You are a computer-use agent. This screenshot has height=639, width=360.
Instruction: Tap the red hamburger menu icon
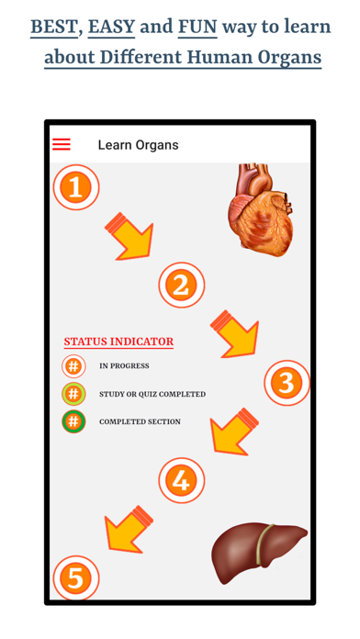[x=62, y=144]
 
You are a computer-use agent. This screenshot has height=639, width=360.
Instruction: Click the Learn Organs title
[x=138, y=145]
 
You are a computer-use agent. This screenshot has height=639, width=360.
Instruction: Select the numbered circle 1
[x=76, y=187]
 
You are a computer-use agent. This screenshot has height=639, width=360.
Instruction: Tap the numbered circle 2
[x=181, y=284]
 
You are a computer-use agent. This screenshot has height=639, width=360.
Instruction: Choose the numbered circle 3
[x=287, y=382]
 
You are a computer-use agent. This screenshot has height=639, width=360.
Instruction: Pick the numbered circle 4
[x=181, y=479]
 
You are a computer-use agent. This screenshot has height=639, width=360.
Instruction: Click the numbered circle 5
[x=76, y=577]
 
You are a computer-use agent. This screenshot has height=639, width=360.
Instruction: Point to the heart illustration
[x=263, y=210]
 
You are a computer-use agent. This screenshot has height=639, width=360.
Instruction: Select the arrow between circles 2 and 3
[x=233, y=332]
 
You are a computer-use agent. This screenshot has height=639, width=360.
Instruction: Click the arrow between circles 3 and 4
[x=235, y=432]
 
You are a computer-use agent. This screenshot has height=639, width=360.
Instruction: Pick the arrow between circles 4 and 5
[x=129, y=529]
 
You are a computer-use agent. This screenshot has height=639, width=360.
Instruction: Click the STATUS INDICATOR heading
[x=118, y=342]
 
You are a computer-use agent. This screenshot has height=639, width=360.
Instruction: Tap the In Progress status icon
[x=73, y=366]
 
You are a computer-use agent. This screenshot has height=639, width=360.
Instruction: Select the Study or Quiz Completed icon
[x=73, y=394]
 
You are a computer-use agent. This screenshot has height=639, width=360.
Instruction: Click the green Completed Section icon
[x=73, y=421]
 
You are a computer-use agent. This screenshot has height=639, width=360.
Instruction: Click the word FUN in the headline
[x=197, y=26]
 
